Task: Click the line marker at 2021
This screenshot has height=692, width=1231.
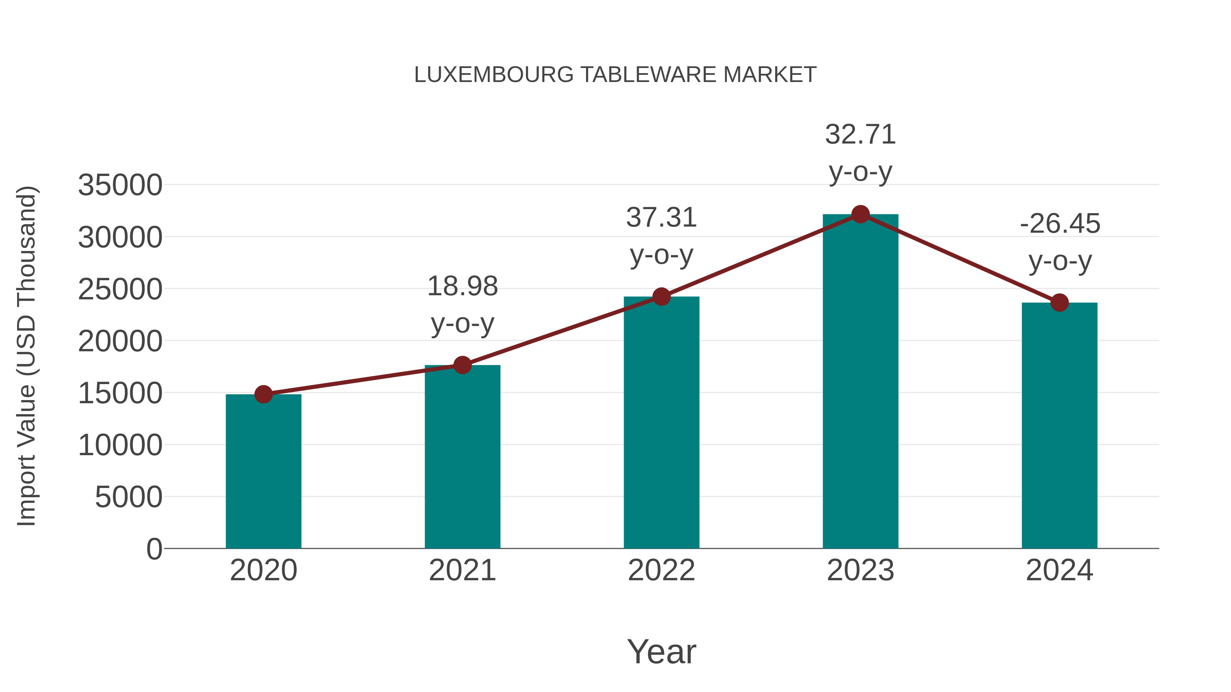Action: (x=462, y=365)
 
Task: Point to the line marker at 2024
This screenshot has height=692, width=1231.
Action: (x=1059, y=302)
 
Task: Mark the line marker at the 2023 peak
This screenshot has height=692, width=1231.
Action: (x=860, y=214)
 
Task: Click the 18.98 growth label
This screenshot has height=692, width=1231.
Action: (x=462, y=287)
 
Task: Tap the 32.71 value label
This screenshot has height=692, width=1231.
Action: (x=860, y=135)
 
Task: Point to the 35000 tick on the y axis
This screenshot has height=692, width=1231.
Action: (x=120, y=185)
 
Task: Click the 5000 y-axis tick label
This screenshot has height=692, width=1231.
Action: (x=129, y=497)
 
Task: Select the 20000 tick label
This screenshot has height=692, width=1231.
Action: (x=120, y=341)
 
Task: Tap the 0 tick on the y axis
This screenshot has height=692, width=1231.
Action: (x=154, y=549)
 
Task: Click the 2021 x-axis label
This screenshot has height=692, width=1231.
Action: (x=462, y=570)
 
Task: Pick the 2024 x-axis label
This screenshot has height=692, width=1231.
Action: (x=1059, y=570)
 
